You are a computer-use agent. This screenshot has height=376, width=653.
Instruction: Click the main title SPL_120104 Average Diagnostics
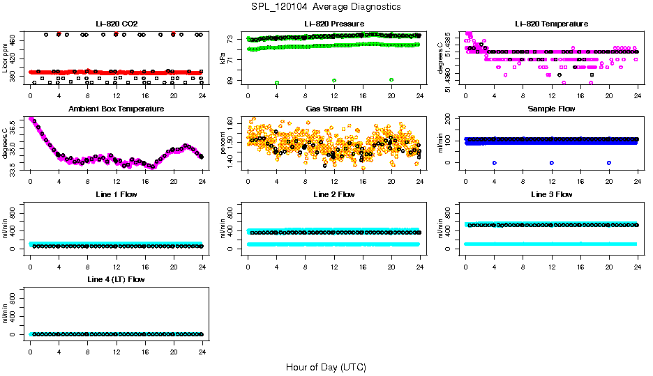[326, 6]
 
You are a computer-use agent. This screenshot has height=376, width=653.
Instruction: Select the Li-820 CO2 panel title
[115, 24]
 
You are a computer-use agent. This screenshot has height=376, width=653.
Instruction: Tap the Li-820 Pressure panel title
[333, 24]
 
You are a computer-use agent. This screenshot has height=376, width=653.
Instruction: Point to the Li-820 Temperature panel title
[551, 24]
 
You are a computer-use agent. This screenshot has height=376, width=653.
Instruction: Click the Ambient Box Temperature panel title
[116, 109]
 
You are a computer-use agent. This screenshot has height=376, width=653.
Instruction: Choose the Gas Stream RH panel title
[333, 109]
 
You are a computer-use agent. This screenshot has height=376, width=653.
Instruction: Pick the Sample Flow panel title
[551, 109]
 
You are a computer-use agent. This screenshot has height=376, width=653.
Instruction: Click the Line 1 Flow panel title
[116, 194]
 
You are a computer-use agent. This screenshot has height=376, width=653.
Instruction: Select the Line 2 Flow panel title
[333, 194]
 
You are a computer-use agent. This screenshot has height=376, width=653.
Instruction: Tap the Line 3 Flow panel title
[551, 194]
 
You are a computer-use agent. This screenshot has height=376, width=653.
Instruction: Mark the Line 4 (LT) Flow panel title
[116, 279]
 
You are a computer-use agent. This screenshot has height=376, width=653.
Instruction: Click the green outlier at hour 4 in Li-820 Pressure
[277, 82]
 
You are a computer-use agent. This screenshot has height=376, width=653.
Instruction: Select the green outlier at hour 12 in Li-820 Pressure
[334, 81]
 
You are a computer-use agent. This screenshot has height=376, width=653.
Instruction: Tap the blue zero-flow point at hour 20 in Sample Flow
[609, 162]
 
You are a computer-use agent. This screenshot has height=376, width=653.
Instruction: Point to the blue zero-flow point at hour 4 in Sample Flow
[494, 162]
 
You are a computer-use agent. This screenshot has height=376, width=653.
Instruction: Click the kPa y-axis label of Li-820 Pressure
[223, 58]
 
